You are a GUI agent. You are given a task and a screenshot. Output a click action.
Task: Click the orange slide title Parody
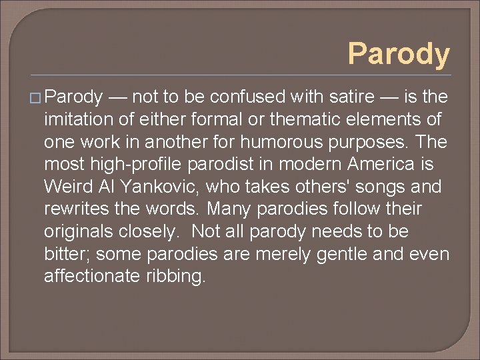[x=399, y=54]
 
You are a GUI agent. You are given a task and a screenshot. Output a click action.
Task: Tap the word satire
[x=351, y=97]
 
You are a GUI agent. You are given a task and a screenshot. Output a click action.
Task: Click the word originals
[x=75, y=232]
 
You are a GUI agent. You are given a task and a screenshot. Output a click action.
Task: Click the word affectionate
[x=92, y=277]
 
